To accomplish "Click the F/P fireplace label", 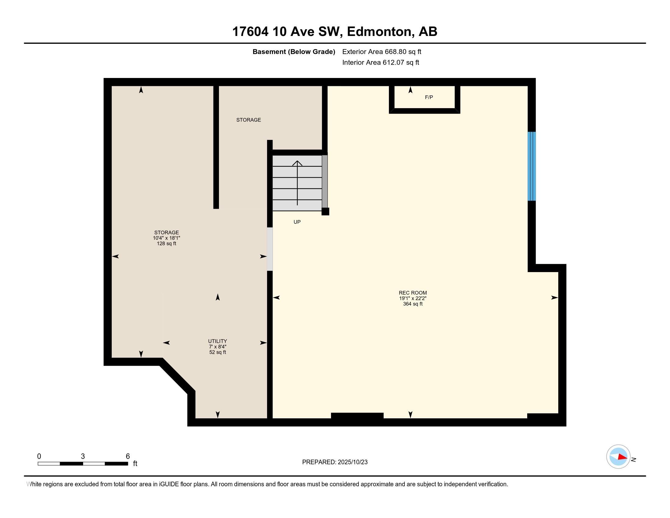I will (x=428, y=97).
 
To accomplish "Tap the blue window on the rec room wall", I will (x=531, y=166).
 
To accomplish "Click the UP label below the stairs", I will (x=297, y=222).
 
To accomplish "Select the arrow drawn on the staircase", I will (x=297, y=183).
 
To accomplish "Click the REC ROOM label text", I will (x=412, y=293).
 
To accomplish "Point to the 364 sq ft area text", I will (x=412, y=304).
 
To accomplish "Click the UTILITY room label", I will (x=217, y=341).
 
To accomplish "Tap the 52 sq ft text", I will (x=217, y=352).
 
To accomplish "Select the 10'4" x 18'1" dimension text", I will (x=166, y=238).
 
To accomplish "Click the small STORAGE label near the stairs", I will (x=248, y=120).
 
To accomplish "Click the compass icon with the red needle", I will (x=618, y=457).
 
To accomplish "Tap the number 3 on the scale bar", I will (x=83, y=456).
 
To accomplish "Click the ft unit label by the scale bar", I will (x=135, y=463).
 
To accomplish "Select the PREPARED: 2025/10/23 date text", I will (x=334, y=462).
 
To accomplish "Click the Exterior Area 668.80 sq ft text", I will (x=381, y=51).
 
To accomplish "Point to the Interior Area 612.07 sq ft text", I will (x=380, y=62).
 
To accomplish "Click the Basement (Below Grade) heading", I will (x=293, y=51).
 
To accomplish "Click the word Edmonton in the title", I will (x=379, y=31).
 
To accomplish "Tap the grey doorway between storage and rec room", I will (x=270, y=249).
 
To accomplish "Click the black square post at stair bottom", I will (x=325, y=211).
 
